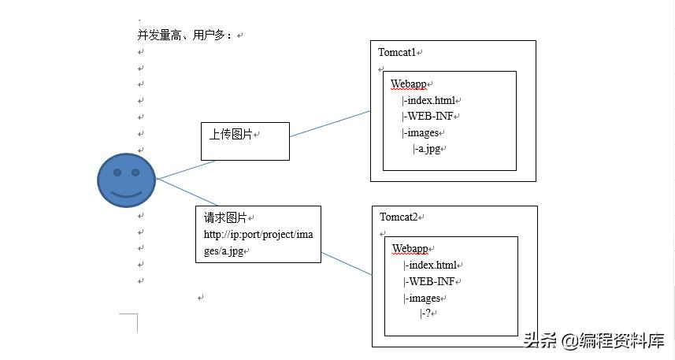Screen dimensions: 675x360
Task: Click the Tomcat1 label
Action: [397, 53]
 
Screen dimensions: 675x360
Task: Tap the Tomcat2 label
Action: [399, 217]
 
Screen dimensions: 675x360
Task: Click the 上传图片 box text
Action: [231, 135]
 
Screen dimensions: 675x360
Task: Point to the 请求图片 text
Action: [225, 217]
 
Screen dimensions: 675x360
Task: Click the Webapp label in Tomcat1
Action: [409, 84]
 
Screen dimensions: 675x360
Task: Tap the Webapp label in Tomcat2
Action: [410, 249]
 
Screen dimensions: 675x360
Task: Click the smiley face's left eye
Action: [117, 173]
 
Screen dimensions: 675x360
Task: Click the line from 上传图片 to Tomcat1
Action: [330, 124]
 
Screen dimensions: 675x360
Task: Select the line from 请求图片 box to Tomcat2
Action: [347, 264]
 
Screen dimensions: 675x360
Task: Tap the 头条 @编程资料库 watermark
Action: [594, 340]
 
